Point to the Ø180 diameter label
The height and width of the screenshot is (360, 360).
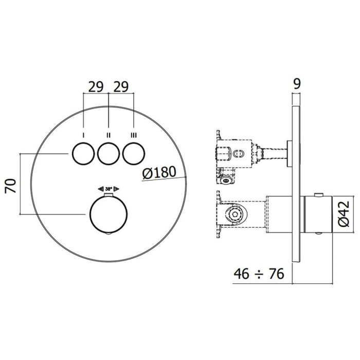point(159,172)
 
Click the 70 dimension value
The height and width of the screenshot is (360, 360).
point(11,186)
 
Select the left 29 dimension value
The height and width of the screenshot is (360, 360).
point(96,87)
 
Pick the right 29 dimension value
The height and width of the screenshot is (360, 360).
point(121,87)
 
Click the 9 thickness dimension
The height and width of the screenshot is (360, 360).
point(297,84)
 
